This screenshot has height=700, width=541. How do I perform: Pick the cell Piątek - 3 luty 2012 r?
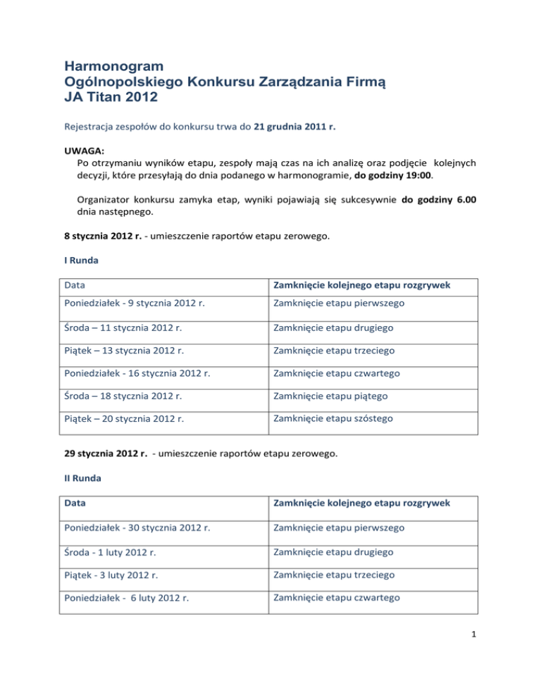click(x=112, y=575)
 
